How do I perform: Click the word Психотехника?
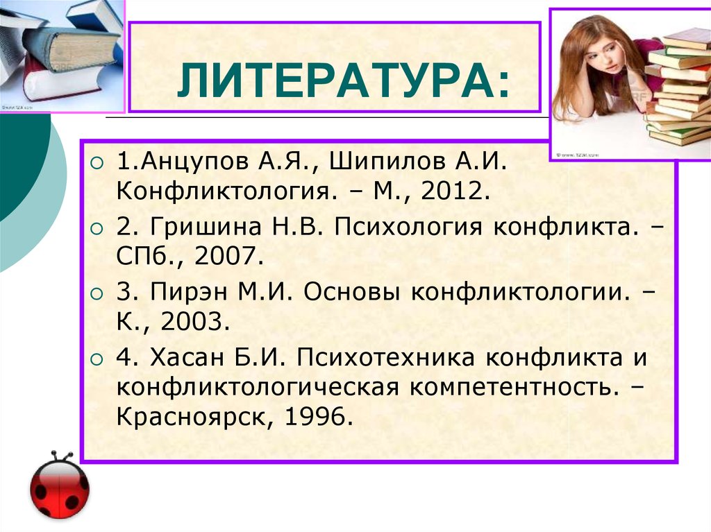point(386,358)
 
